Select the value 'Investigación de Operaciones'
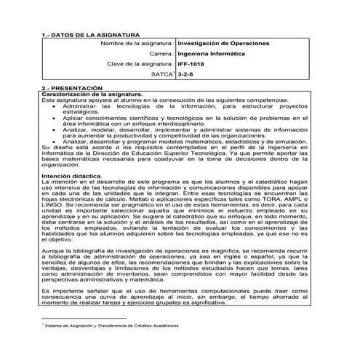point(223,44)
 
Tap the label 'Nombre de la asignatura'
point(137,44)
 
